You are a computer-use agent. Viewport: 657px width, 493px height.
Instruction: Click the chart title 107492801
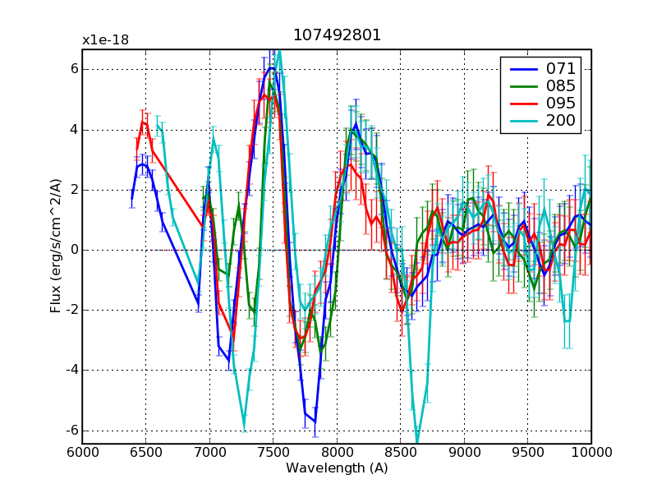click(x=337, y=35)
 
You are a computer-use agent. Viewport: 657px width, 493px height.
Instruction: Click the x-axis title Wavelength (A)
click(x=337, y=468)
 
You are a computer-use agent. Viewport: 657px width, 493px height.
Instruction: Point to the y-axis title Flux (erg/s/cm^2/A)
click(x=56, y=246)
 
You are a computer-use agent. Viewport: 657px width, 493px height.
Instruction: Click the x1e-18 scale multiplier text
click(x=105, y=40)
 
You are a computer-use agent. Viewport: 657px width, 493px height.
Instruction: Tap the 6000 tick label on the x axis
click(x=82, y=452)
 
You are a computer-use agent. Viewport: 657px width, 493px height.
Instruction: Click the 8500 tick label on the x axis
click(x=401, y=452)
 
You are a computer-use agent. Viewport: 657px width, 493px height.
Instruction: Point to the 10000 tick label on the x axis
click(x=591, y=452)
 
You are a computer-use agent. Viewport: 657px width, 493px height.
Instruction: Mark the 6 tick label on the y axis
click(x=73, y=69)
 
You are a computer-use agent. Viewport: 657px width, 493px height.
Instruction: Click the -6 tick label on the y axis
click(x=71, y=431)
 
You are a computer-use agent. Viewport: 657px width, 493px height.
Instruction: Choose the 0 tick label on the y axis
click(x=73, y=250)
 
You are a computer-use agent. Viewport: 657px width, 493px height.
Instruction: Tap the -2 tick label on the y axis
click(x=71, y=311)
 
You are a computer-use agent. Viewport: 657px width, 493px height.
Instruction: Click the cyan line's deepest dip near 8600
click(x=417, y=442)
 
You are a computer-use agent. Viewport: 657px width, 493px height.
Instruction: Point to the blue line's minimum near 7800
click(x=315, y=422)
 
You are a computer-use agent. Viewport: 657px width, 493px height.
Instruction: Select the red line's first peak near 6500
click(x=143, y=122)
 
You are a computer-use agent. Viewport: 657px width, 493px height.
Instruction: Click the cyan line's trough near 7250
click(x=244, y=428)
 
